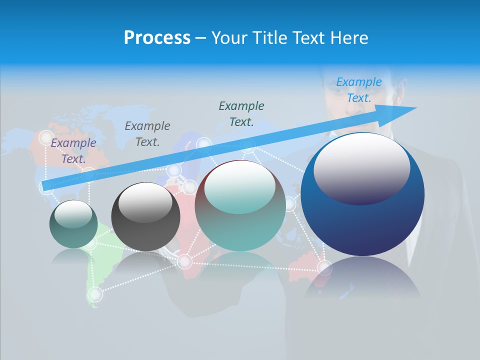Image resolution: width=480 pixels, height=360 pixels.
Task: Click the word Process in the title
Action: click(157, 38)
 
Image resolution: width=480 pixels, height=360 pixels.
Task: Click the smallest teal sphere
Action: click(73, 224)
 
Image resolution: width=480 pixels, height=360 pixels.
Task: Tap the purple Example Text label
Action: click(73, 150)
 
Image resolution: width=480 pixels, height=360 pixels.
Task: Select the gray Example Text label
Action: click(147, 134)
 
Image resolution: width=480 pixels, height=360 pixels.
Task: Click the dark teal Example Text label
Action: click(241, 113)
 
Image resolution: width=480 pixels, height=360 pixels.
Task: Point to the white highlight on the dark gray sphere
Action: click(145, 201)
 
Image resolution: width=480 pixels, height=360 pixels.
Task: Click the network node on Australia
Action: click(324, 268)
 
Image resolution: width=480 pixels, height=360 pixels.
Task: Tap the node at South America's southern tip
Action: click(94, 294)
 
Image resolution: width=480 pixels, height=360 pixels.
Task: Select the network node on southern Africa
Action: click(184, 261)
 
